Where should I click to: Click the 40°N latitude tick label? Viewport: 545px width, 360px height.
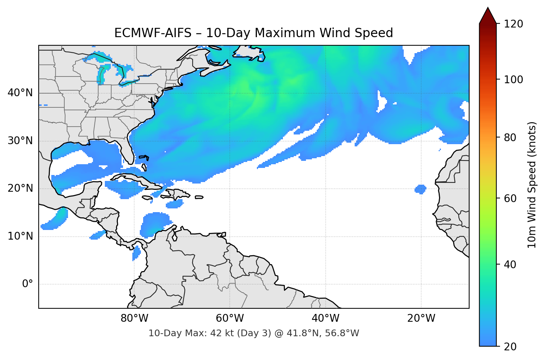(x=20, y=93)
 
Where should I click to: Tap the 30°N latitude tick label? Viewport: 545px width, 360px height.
(x=20, y=141)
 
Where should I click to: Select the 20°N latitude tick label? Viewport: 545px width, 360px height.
(x=20, y=188)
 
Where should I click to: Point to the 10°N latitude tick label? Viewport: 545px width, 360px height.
(x=20, y=236)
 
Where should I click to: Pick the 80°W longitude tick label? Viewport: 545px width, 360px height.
(x=134, y=318)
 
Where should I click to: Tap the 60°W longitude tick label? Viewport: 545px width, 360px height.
(x=230, y=318)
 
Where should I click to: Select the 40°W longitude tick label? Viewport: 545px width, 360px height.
(x=325, y=318)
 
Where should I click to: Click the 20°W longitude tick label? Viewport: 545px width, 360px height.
(x=421, y=318)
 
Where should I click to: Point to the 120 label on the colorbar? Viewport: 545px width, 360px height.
(x=513, y=24)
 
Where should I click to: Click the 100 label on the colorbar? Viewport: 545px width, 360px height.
(x=513, y=80)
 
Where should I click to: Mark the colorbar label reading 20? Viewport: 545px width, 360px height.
(x=510, y=347)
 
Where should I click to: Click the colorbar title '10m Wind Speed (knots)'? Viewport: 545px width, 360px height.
(x=532, y=185)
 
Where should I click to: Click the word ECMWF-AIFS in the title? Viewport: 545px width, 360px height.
(x=152, y=33)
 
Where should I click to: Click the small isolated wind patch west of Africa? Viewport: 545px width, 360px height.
(x=420, y=189)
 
